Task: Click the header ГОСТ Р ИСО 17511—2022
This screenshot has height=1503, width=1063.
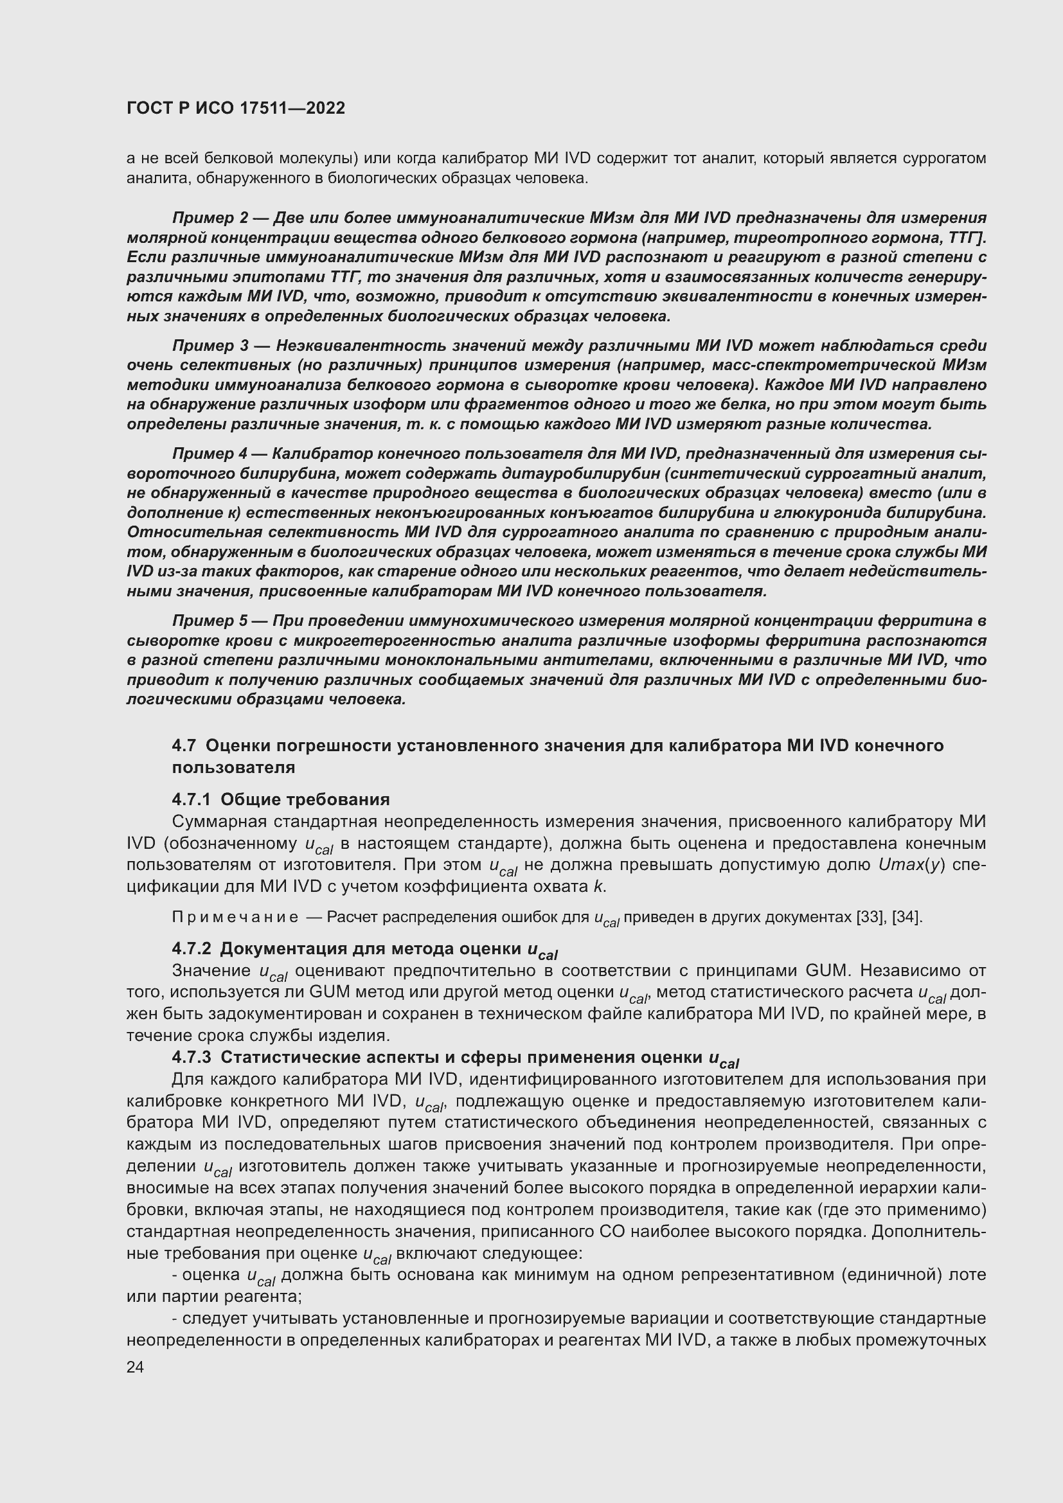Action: [x=236, y=108]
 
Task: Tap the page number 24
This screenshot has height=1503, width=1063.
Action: [x=135, y=1367]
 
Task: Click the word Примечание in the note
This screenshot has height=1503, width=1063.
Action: [x=235, y=917]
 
